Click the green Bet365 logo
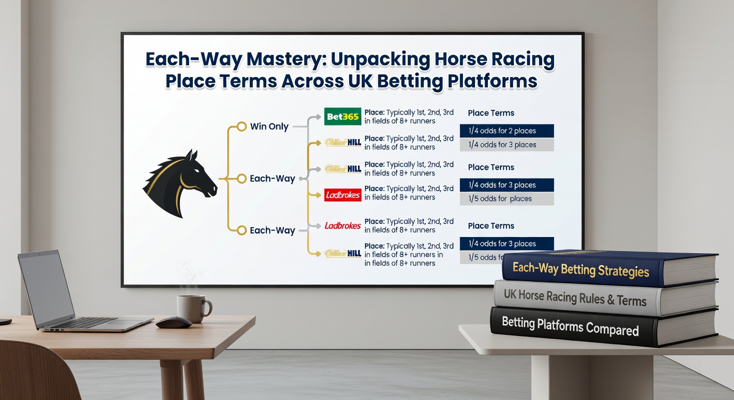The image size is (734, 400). coord(342,117)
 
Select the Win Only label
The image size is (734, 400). coord(269,127)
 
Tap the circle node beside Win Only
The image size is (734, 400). coord(241,127)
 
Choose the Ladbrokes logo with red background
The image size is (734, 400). coord(342,195)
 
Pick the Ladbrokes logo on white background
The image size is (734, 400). coord(342,226)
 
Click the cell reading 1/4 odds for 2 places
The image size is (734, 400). coord(506,131)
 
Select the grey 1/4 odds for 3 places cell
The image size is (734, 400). coord(506,145)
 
